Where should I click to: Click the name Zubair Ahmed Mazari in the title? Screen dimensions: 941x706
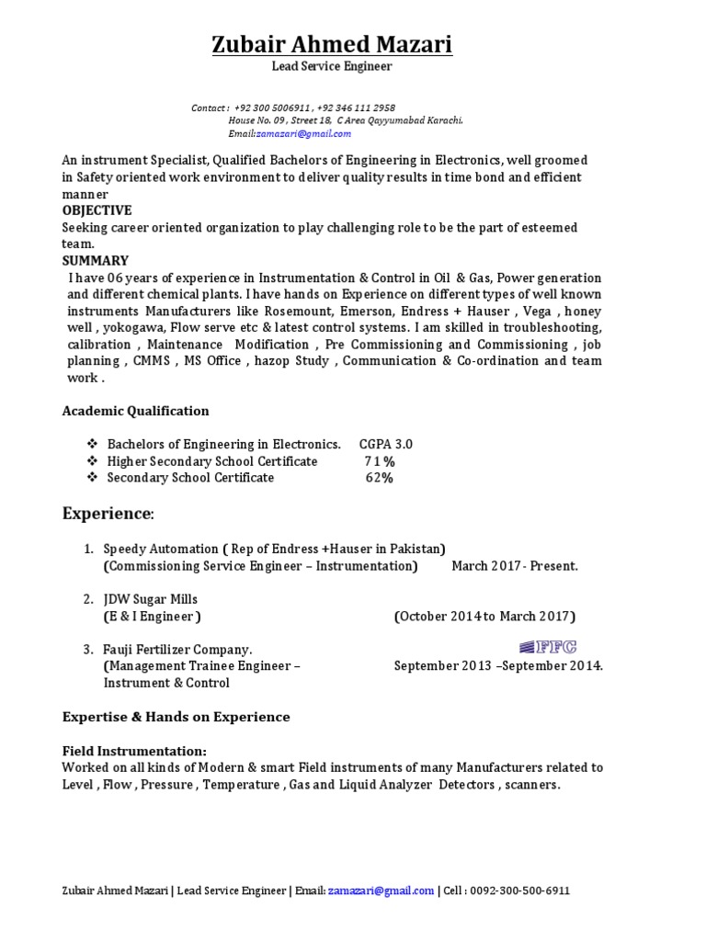point(332,44)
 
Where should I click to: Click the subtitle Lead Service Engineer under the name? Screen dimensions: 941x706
point(332,67)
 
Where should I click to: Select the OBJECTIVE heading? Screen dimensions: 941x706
point(97,210)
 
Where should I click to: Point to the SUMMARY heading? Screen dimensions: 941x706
point(95,260)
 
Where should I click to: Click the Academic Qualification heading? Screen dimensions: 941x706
point(135,411)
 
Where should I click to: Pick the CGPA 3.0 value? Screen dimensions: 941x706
point(385,444)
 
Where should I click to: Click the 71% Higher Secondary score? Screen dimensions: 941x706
point(380,461)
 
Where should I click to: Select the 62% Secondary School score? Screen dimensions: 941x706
point(379,478)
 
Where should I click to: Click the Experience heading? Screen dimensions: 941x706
point(108,513)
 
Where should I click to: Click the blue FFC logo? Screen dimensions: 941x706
point(548,647)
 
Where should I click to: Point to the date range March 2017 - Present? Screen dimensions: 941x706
point(515,566)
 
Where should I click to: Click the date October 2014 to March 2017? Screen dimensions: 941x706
point(484,616)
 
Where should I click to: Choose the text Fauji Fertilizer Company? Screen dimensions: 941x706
point(177,650)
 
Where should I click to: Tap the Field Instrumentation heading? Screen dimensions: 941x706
point(134,751)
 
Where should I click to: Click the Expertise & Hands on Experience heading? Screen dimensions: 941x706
point(176,717)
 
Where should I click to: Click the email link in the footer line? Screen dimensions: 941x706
point(381,890)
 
